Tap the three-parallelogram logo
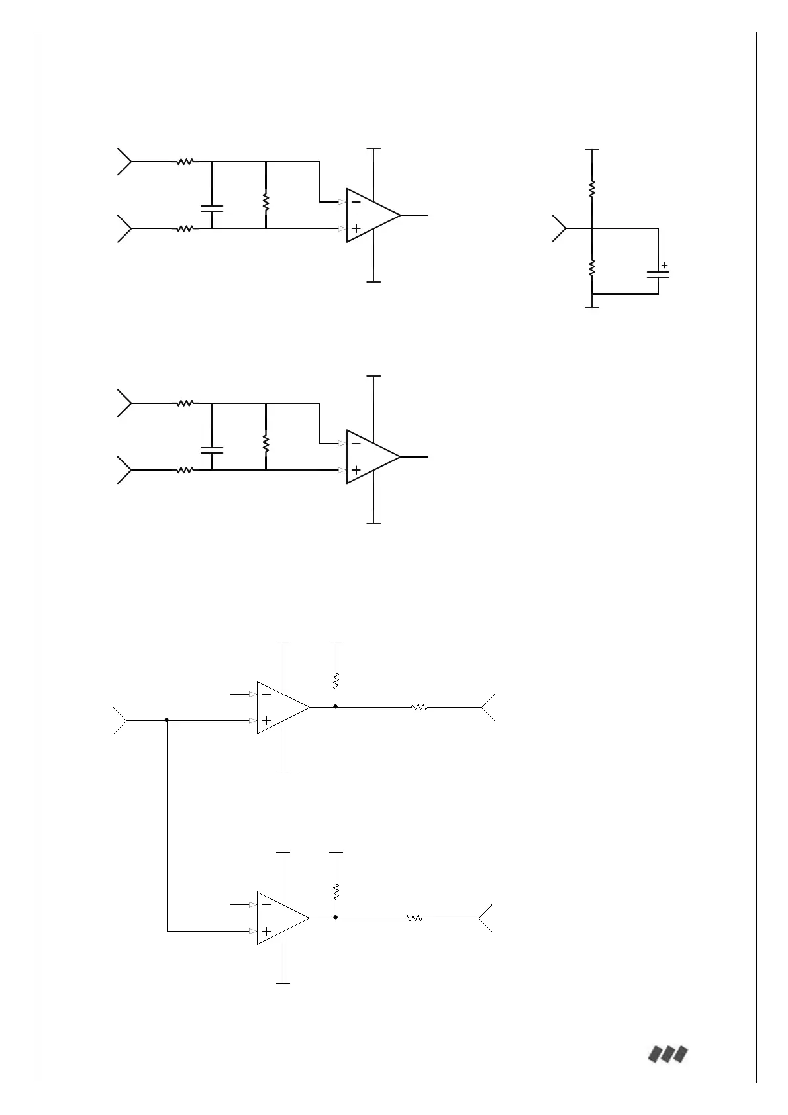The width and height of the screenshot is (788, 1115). coord(667,1054)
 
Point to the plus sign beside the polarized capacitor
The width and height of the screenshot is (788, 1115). coord(665,266)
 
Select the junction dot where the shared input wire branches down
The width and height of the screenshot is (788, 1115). coord(167,720)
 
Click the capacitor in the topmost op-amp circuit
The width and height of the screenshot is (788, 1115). coord(212,208)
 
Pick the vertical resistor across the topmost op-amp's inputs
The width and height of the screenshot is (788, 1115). coord(266,202)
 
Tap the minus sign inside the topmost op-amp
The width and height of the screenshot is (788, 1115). coord(356,202)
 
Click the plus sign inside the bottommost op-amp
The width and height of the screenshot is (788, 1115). coord(266,931)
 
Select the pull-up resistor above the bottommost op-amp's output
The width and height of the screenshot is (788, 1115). coord(336,891)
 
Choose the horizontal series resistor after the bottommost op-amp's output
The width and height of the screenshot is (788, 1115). coord(415,918)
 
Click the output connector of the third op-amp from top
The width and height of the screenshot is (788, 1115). coord(487,707)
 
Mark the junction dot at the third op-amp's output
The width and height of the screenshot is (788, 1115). coord(336,707)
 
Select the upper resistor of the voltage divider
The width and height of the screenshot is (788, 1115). coord(592,189)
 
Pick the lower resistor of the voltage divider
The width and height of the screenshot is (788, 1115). coord(592,267)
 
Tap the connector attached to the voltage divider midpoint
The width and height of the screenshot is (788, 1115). coord(559,228)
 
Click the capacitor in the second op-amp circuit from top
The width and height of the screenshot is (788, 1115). coord(212,450)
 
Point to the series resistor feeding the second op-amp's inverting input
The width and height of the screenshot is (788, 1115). coord(185,403)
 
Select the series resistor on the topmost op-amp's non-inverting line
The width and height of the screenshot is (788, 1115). coord(185,228)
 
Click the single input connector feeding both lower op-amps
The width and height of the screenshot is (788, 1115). coord(120,720)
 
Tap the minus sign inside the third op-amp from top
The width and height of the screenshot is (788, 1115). coord(266,694)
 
